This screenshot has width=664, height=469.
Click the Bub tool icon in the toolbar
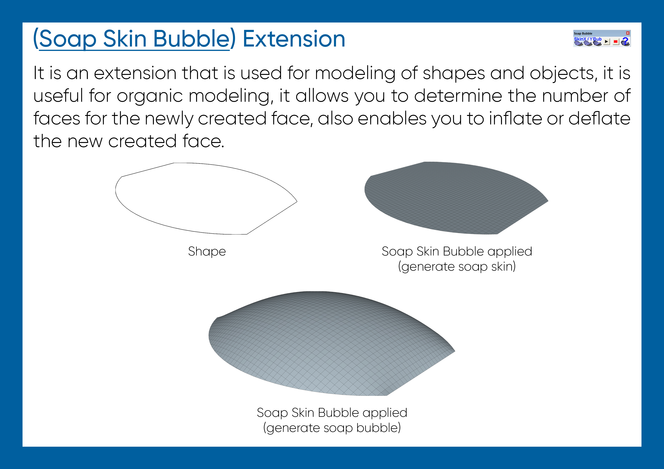[x=597, y=43]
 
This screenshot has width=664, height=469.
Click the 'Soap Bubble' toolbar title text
[x=583, y=33]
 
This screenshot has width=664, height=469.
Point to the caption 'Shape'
[x=207, y=251]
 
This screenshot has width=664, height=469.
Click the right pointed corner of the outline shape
[x=297, y=201]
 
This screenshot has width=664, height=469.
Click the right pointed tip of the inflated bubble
[x=455, y=351]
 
